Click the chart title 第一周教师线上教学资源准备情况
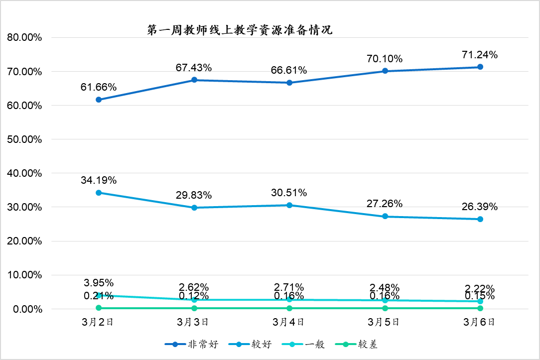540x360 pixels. (240, 30)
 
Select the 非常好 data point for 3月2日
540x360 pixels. (99, 100)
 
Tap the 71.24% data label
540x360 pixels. (480, 55)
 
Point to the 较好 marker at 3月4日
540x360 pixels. (289, 205)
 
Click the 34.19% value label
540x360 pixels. (99, 180)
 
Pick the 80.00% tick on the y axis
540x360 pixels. (24, 38)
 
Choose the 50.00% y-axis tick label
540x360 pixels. (24, 139)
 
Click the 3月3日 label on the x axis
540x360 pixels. (194, 322)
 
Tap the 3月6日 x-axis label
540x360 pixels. (480, 322)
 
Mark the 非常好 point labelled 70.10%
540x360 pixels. (385, 71)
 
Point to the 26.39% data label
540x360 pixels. (480, 207)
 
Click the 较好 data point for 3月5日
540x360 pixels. (385, 217)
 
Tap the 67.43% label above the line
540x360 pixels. (194, 68)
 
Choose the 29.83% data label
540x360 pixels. (194, 195)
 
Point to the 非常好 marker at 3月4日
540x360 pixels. (289, 83)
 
